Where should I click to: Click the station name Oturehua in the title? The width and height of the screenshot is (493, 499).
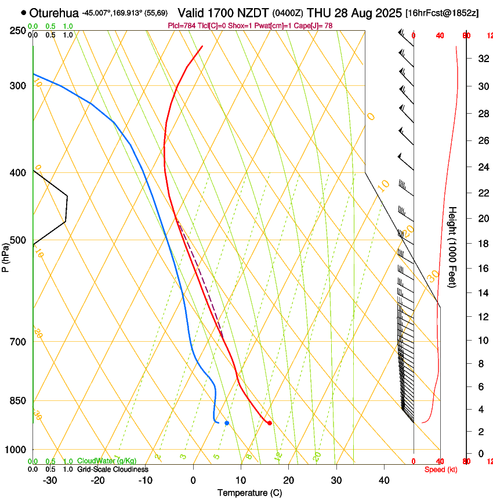click(54, 12)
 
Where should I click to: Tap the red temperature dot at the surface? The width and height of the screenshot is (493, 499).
click(270, 423)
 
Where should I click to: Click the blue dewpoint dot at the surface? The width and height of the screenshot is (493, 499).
click(227, 423)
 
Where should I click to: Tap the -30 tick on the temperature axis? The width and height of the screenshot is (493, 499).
click(49, 480)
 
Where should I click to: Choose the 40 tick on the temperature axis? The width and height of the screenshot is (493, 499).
click(383, 480)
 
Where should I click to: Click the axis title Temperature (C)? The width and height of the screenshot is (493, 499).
click(249, 493)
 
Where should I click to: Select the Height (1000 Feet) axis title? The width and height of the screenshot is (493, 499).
click(453, 247)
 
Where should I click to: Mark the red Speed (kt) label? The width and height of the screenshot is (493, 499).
click(441, 469)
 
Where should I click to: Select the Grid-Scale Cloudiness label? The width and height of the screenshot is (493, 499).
click(113, 469)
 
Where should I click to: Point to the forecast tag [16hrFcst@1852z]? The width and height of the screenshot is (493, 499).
click(442, 13)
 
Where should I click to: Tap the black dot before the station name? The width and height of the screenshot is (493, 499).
click(23, 12)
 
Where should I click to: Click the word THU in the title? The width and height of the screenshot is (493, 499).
click(318, 12)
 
